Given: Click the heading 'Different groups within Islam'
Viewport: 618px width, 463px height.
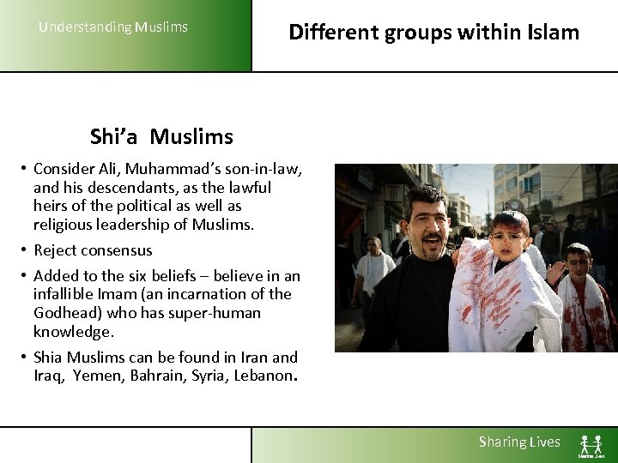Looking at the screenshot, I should point(433,33).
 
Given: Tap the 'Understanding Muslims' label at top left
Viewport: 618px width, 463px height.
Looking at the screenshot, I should point(113,27).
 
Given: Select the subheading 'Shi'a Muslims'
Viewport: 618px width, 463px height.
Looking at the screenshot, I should point(161,136).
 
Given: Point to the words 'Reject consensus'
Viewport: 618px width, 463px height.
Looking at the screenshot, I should point(93,250).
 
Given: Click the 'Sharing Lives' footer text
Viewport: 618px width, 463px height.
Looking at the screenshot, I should point(519,442).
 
